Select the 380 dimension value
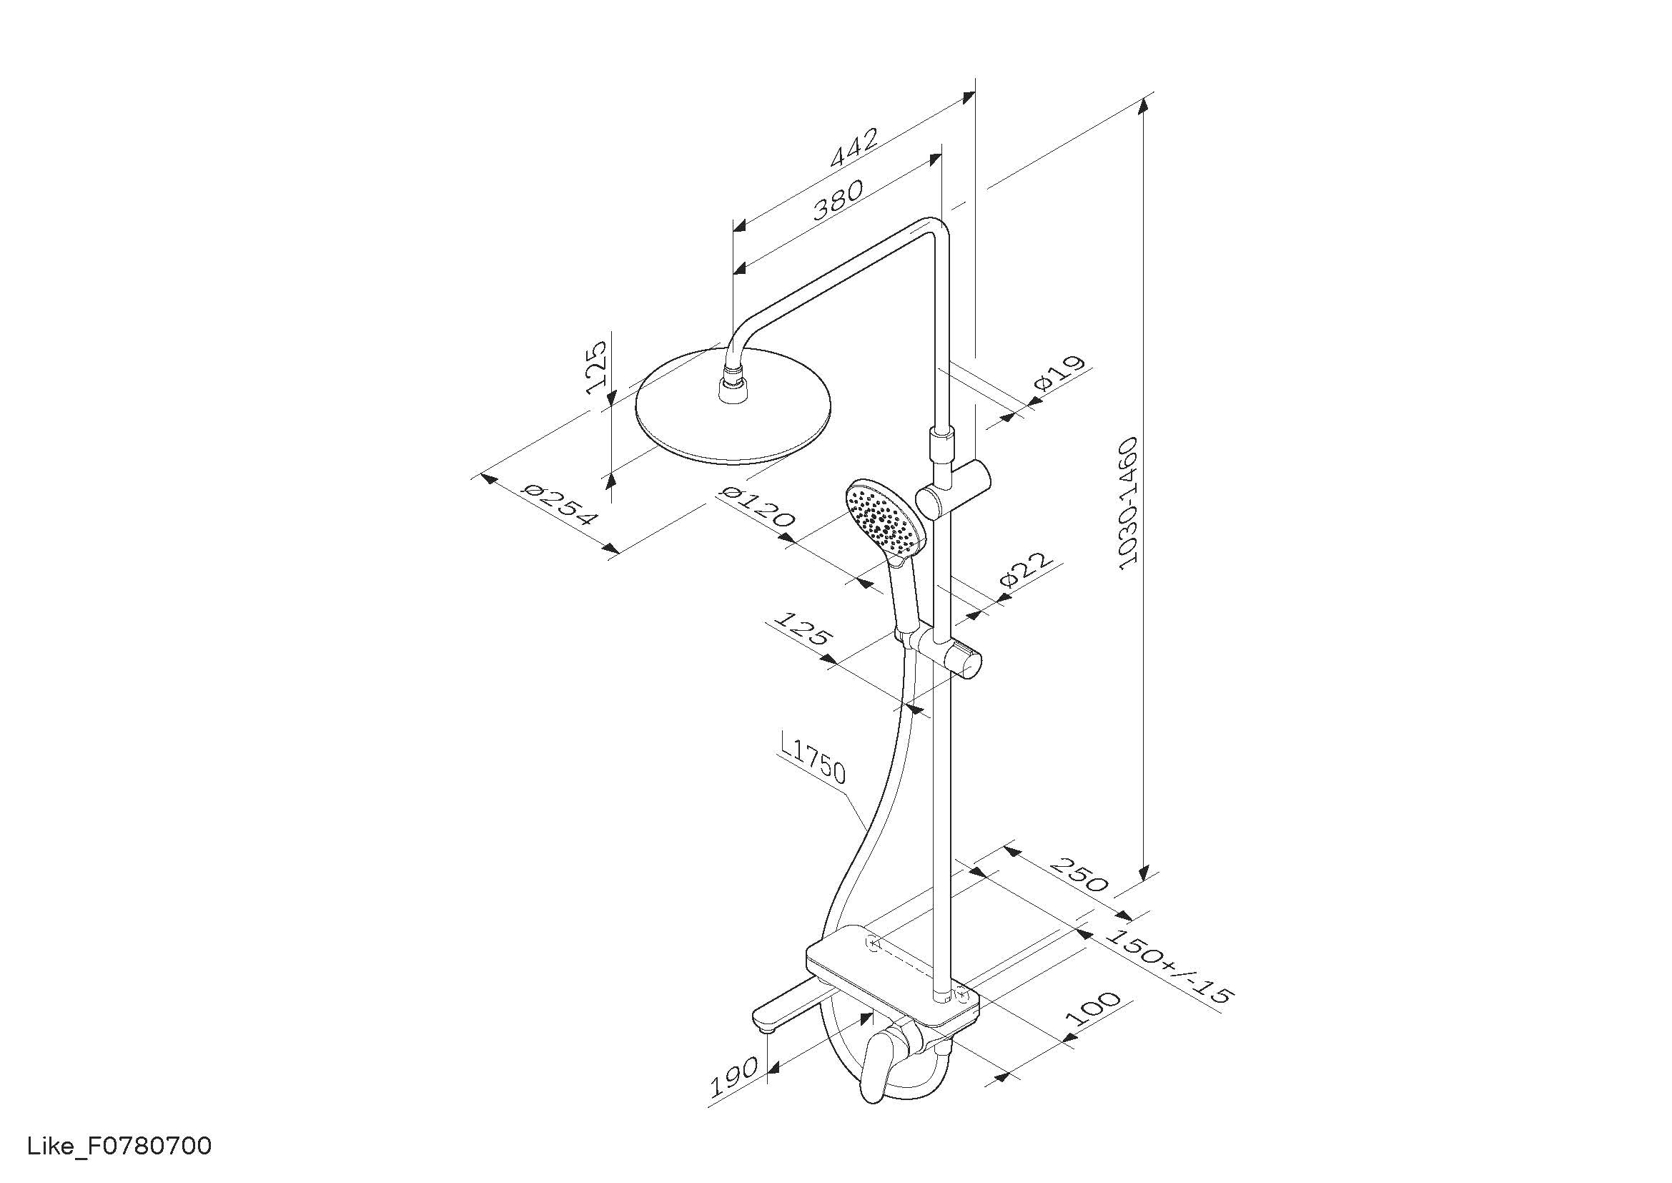839,200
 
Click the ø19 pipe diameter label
1059,373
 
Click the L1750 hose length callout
812,759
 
